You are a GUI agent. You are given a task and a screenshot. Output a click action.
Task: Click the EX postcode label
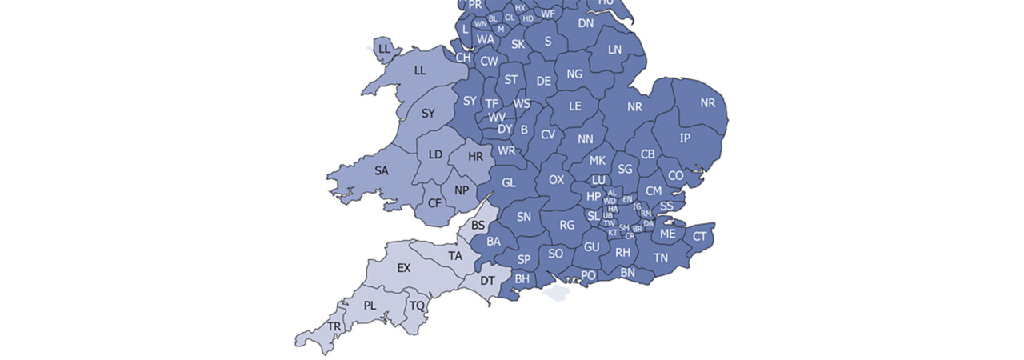click(403, 268)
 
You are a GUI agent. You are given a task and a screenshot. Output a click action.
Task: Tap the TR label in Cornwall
click(334, 327)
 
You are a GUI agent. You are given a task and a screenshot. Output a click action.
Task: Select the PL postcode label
click(370, 306)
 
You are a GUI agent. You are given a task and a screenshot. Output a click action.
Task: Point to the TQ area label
click(417, 306)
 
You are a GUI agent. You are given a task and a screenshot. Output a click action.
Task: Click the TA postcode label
click(455, 256)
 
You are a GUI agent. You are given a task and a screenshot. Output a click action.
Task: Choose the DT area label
click(487, 280)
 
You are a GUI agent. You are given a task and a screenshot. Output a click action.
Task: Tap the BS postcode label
click(478, 226)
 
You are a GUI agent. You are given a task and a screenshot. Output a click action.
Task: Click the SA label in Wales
click(382, 170)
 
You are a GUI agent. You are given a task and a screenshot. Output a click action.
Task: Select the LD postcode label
click(435, 154)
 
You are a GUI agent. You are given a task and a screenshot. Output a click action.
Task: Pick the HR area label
click(475, 157)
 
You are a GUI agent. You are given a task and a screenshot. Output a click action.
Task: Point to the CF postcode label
click(434, 203)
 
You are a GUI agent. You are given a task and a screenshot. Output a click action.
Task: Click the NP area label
click(462, 190)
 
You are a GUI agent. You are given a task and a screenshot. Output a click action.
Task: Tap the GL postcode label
click(509, 182)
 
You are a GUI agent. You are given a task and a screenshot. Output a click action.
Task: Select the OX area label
click(556, 180)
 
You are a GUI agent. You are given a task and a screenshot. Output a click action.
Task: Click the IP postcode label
click(685, 138)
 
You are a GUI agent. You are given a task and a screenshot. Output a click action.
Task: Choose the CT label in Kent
click(700, 236)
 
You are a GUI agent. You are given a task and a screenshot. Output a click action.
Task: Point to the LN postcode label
click(614, 50)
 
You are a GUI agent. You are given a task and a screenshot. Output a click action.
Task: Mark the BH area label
click(522, 278)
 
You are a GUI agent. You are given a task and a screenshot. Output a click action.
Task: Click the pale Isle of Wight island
click(557, 294)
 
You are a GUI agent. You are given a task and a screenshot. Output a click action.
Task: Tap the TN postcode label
click(661, 258)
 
